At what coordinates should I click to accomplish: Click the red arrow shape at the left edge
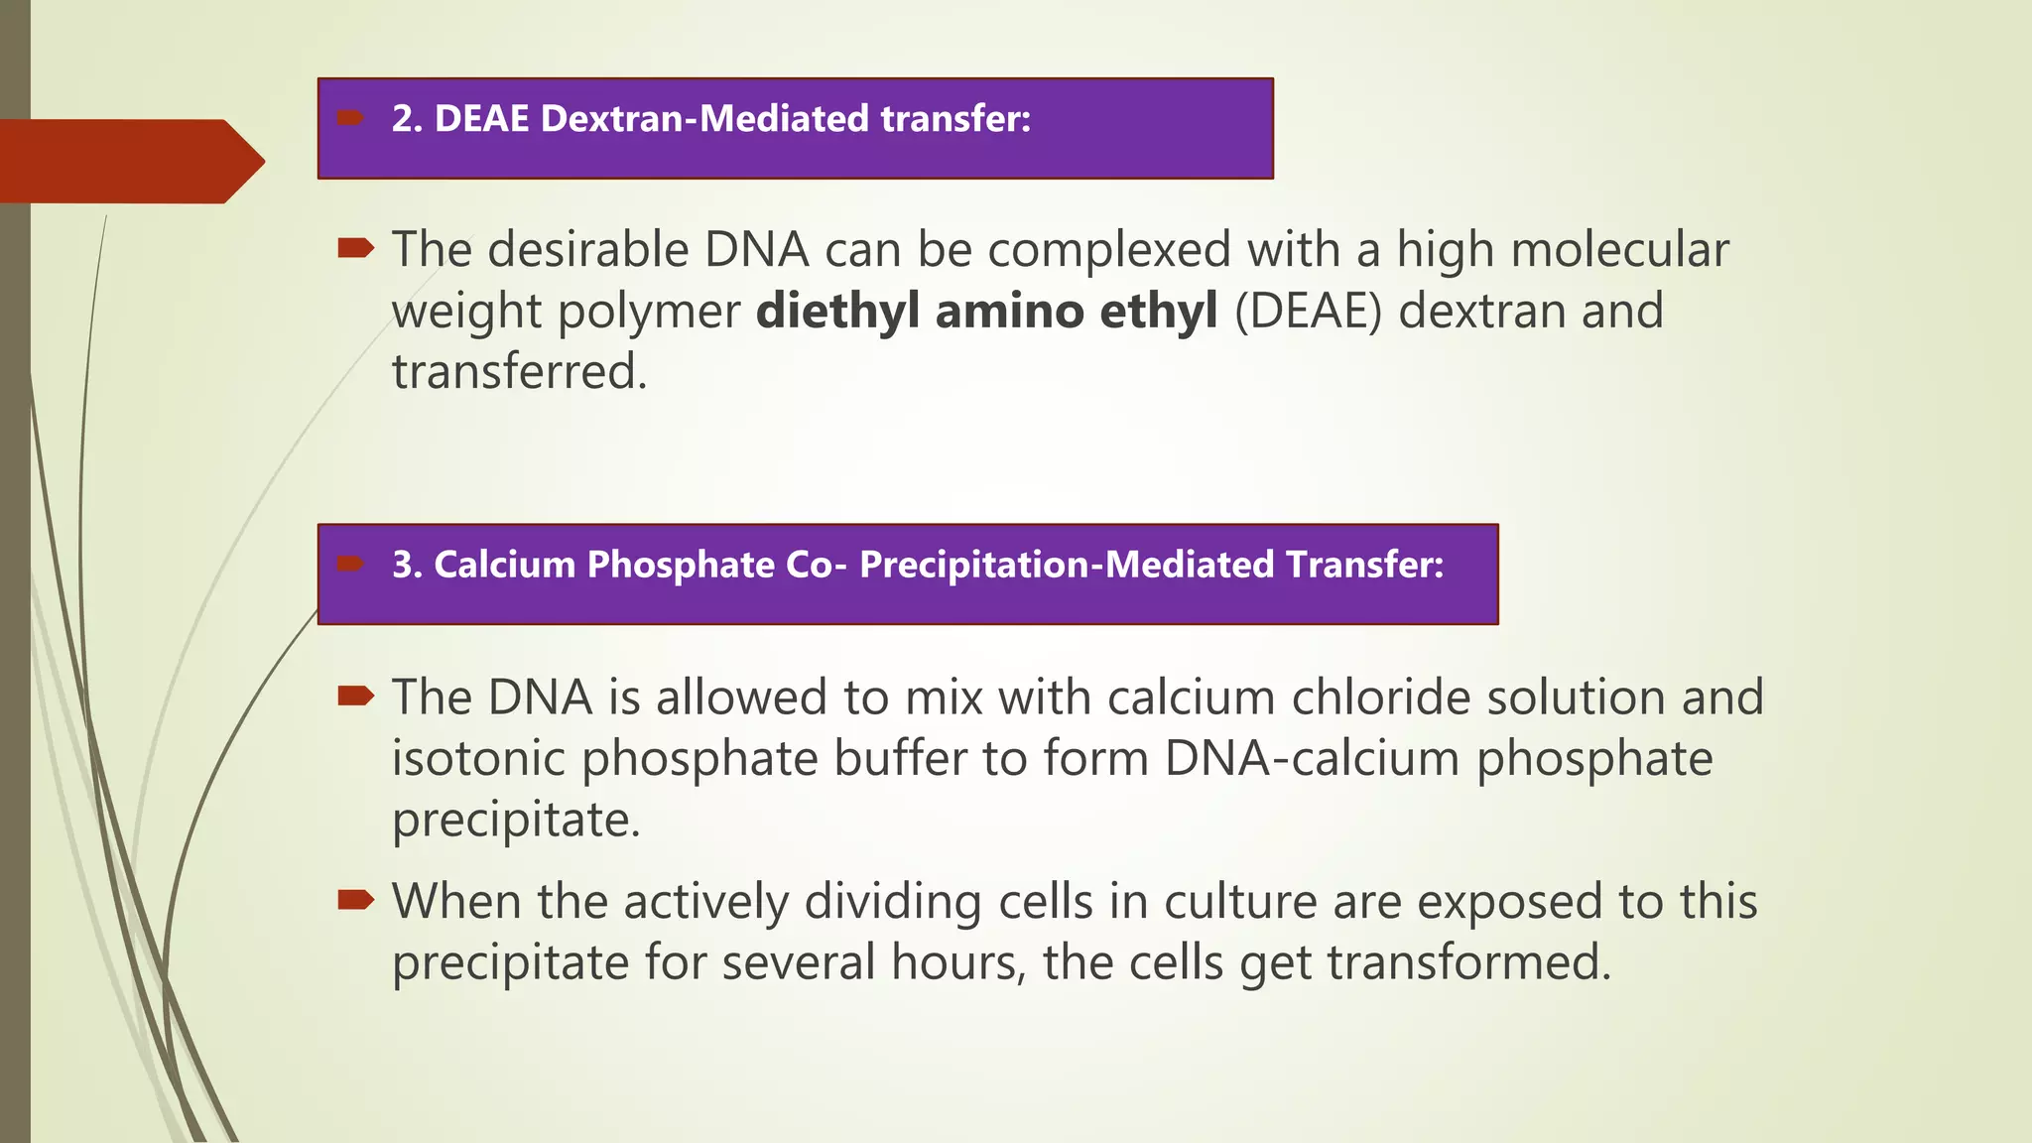click(x=129, y=161)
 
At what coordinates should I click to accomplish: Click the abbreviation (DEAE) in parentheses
click(x=1308, y=311)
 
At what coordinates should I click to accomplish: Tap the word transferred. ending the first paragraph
click(x=519, y=372)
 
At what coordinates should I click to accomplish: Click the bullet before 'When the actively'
click(x=354, y=900)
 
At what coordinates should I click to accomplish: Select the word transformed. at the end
click(x=1468, y=962)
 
